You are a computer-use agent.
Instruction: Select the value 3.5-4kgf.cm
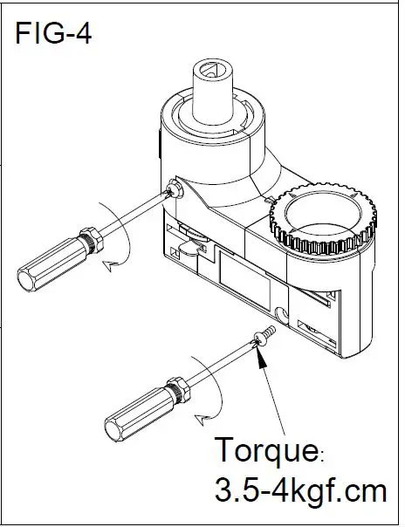pos(300,489)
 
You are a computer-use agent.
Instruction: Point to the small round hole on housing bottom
pos(282,312)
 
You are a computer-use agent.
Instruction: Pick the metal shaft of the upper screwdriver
pos(131,214)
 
